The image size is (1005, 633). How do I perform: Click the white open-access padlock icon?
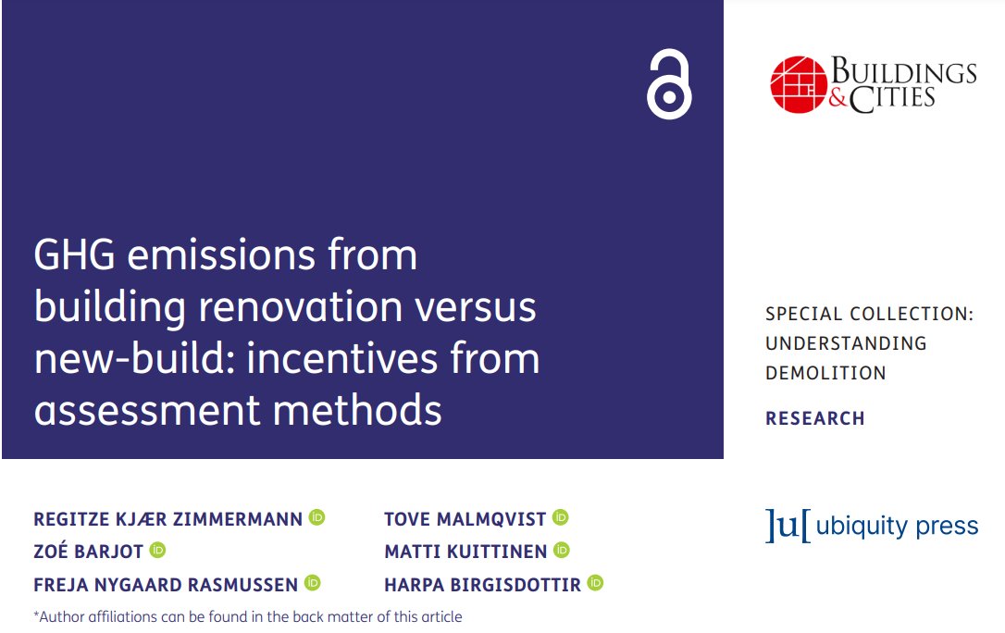pos(669,85)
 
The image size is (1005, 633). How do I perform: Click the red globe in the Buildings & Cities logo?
pos(798,84)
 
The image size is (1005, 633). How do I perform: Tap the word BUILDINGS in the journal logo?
pos(903,71)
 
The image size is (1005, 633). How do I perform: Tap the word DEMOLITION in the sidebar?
pos(825,373)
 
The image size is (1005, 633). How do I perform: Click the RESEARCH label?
pos(814,418)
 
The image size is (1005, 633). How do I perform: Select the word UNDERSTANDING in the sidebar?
pos(845,343)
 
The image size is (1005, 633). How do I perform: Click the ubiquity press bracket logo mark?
pos(788,526)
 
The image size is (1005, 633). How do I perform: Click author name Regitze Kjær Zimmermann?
pos(167,519)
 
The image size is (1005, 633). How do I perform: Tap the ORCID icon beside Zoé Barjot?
pos(157,551)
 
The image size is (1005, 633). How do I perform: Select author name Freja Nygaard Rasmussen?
pos(166,584)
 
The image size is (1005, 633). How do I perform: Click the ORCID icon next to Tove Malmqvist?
pos(560,517)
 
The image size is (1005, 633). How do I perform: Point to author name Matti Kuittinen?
pos(465,552)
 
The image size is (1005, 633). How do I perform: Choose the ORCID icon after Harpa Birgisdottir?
pos(595,583)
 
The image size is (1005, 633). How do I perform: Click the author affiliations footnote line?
pos(247,616)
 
